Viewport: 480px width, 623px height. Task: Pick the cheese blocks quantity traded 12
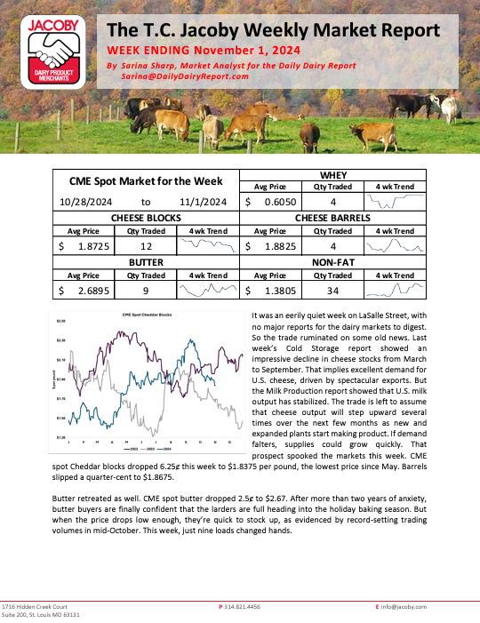[147, 243]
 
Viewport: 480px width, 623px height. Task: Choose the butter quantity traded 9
[147, 290]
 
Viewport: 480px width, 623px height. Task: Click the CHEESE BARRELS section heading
[330, 217]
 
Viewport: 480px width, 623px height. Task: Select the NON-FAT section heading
[330, 264]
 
